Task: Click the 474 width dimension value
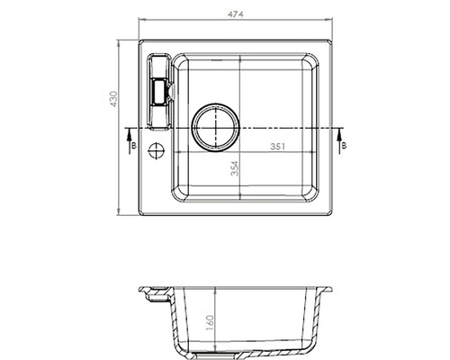coord(236,13)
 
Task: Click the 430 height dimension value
coord(114,99)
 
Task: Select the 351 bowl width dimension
coord(278,147)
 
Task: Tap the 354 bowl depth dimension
coord(235,168)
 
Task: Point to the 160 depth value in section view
coord(210,322)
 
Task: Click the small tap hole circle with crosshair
coord(157,150)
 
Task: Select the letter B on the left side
coord(134,146)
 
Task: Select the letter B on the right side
coord(344,146)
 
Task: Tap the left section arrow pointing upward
coord(130,140)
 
